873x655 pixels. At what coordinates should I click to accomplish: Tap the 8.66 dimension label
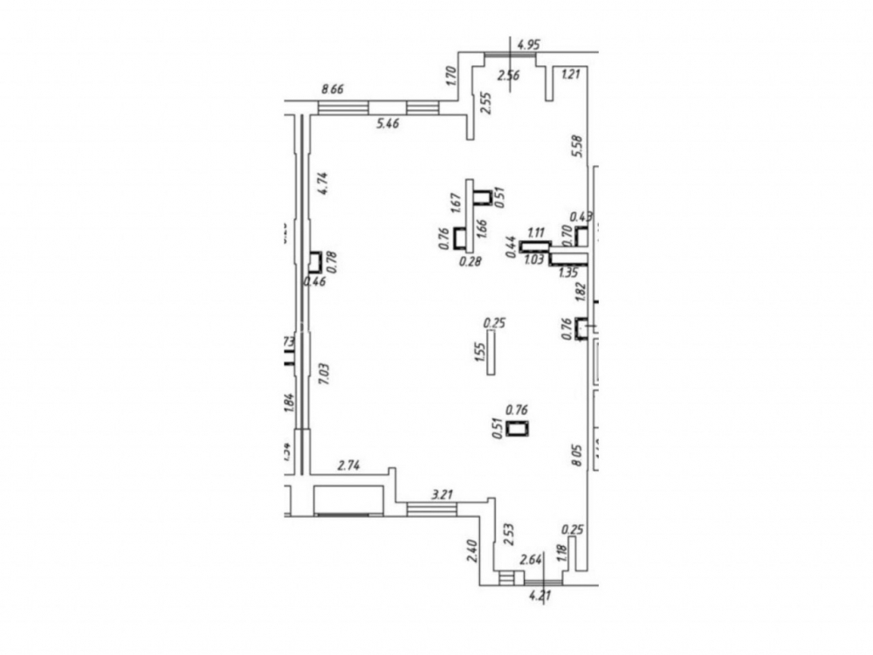point(334,88)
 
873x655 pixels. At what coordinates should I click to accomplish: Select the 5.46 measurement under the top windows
point(388,125)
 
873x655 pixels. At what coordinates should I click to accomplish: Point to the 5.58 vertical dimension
point(576,146)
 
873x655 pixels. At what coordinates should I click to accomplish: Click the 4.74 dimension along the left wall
point(322,183)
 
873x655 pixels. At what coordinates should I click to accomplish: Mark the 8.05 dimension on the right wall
point(576,456)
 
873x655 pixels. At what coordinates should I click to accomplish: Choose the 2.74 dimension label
point(348,465)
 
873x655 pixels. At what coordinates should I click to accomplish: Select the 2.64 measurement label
point(532,560)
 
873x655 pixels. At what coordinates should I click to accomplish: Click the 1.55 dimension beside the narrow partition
point(479,353)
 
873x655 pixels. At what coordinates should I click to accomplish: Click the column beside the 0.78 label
point(314,261)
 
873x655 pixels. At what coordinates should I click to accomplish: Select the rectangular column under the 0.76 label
point(519,428)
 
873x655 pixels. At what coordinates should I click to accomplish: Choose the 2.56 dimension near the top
point(508,75)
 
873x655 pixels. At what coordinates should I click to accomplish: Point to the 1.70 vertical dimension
point(450,75)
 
